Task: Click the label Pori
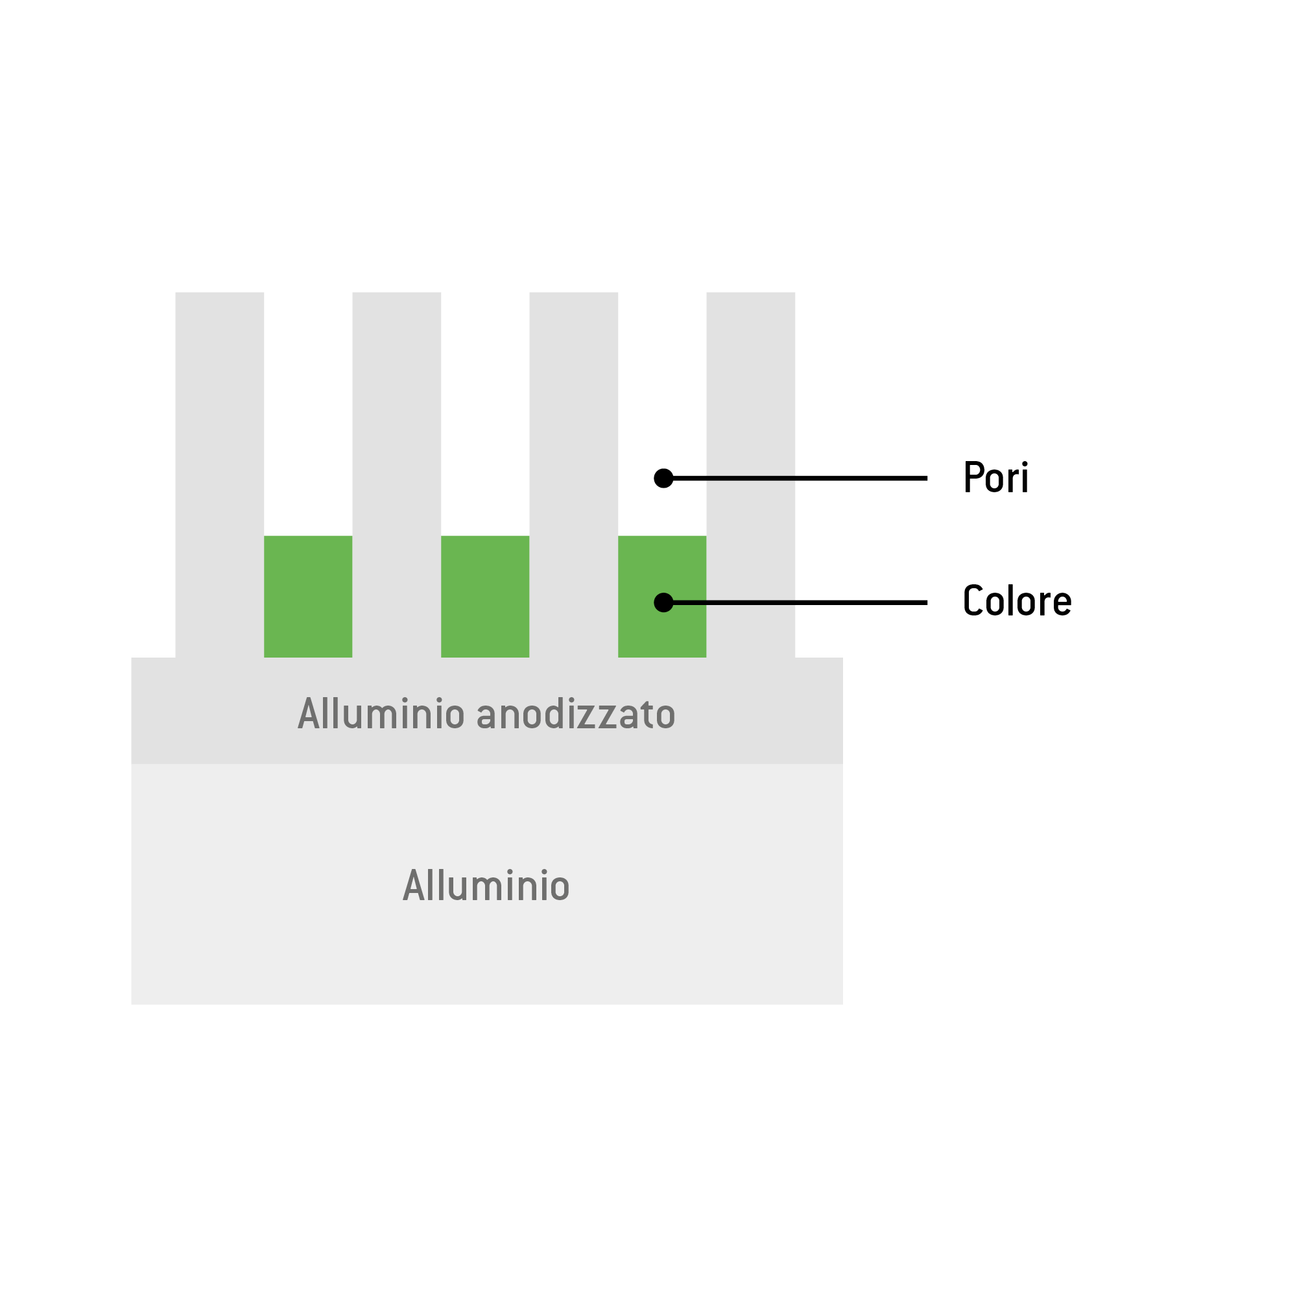995,477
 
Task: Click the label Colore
1017,601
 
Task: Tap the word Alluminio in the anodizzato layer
381,713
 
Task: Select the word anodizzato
576,713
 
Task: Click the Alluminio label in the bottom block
486,885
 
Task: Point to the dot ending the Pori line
663,478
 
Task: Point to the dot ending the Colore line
663,602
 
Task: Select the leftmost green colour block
308,596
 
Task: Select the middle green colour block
484,596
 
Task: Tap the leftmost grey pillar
220,475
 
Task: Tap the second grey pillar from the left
397,475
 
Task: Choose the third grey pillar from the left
573,475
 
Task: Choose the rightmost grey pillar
750,475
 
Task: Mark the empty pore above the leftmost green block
308,414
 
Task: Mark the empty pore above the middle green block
484,414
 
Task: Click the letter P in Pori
973,477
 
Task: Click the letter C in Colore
973,601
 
